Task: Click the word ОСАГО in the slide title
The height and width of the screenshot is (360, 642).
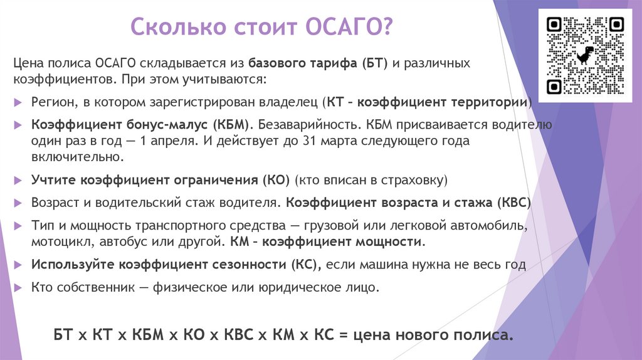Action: [349, 28]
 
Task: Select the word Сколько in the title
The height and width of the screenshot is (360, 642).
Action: [171, 28]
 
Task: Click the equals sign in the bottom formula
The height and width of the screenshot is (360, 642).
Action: [343, 334]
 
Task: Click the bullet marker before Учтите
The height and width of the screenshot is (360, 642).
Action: [18, 181]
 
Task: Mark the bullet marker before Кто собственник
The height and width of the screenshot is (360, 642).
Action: [18, 288]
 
